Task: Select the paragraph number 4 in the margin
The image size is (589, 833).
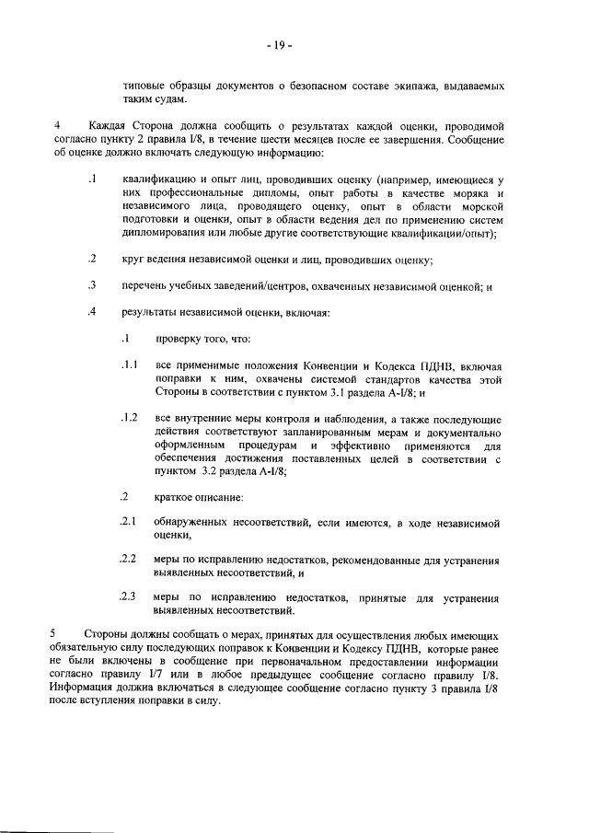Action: click(x=58, y=123)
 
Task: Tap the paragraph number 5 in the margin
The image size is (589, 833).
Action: click(x=54, y=634)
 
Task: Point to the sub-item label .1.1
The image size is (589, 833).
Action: click(x=130, y=364)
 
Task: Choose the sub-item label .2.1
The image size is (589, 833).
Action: click(x=130, y=522)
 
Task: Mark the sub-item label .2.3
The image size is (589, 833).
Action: click(x=130, y=596)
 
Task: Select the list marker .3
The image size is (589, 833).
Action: click(x=93, y=285)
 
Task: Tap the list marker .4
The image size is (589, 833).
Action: click(x=93, y=311)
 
